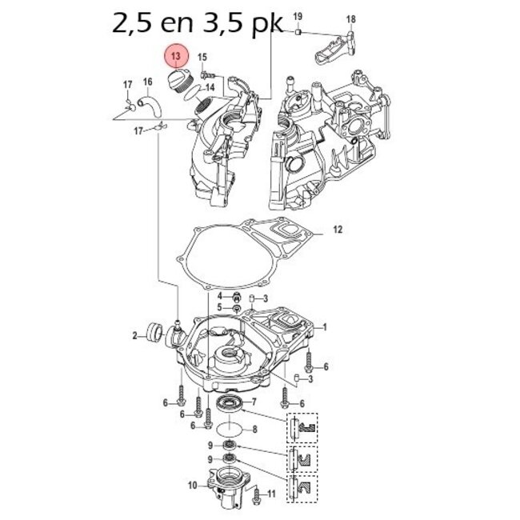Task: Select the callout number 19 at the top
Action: [x=298, y=17]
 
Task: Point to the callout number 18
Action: [x=350, y=19]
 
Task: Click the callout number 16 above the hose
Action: [x=148, y=82]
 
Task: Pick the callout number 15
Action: [x=202, y=57]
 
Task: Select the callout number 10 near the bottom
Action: [x=192, y=484]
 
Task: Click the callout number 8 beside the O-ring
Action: [x=254, y=430]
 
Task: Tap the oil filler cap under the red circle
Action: [x=177, y=82]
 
